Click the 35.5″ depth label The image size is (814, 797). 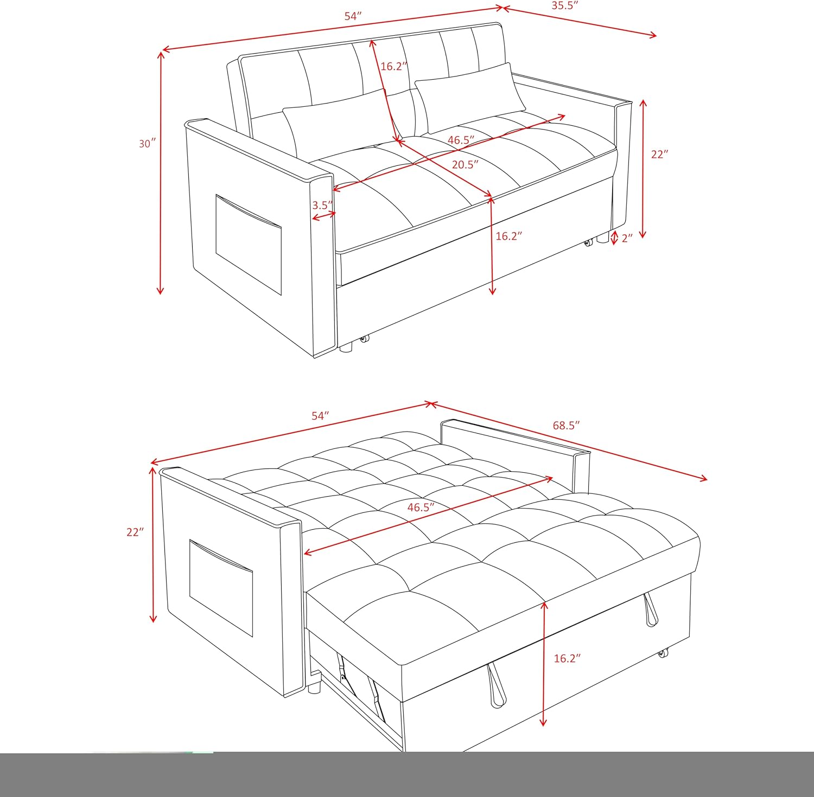pos(565,6)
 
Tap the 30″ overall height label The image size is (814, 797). pos(147,144)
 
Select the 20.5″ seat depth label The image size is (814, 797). pos(465,164)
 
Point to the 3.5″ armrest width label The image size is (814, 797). pos(322,205)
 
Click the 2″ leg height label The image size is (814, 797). pos(627,238)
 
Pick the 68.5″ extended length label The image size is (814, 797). pos(567,426)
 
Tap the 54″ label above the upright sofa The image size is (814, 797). pos(353,16)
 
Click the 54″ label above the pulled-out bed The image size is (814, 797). pos(320,416)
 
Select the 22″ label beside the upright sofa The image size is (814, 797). pos(659,155)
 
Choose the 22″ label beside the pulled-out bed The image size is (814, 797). pos(135,532)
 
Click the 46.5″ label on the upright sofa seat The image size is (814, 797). pos(461,140)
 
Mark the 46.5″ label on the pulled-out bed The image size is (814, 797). pos(421,507)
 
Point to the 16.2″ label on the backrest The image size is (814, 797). pos(393,66)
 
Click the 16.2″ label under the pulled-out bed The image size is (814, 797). pos(567,658)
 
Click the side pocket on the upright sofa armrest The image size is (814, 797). pos(248,244)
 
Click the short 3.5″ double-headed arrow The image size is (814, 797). pos(324,216)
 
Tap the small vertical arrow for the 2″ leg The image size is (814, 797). pos(614,237)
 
